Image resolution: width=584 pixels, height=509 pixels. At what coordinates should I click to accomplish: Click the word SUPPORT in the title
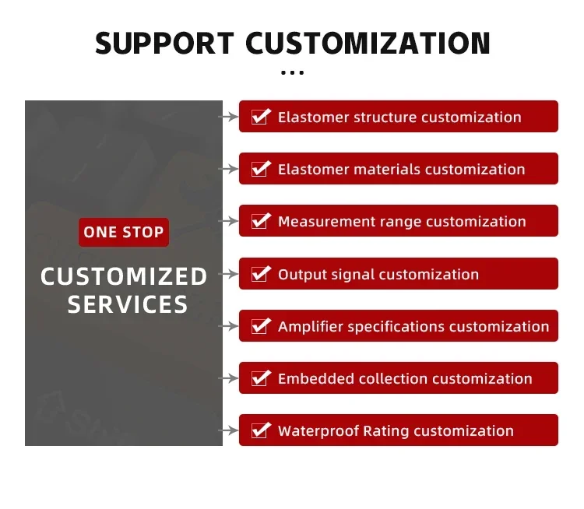coord(164,43)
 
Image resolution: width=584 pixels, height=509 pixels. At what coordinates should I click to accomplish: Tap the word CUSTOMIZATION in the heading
coord(368,43)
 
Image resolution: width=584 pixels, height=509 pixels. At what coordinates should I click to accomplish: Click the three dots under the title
coord(292,72)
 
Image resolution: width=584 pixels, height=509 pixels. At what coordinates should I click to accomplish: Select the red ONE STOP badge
coord(124,232)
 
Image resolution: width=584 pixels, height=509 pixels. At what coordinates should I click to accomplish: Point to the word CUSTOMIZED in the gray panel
coord(124,276)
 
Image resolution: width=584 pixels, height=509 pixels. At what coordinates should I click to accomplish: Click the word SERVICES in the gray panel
coord(128,304)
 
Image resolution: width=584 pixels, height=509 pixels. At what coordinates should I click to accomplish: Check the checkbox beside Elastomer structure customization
coord(260,117)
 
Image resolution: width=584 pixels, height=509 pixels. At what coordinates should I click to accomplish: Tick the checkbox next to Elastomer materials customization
coord(260,169)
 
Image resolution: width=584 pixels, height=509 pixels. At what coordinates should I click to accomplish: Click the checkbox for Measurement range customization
coord(260,221)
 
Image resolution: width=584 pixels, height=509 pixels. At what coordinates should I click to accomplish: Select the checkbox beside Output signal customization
coord(260,274)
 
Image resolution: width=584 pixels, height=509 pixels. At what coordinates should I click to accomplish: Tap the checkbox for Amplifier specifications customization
coord(260,326)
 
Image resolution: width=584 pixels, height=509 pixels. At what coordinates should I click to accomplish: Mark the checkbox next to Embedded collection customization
coord(260,378)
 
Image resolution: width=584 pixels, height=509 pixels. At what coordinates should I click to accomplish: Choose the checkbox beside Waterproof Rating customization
coord(260,430)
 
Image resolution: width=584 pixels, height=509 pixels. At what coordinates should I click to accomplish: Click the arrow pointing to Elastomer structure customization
coord(228,117)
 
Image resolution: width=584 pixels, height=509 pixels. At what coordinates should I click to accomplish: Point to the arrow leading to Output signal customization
coord(228,274)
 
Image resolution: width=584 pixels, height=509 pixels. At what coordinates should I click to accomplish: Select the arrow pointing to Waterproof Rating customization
coord(228,430)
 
